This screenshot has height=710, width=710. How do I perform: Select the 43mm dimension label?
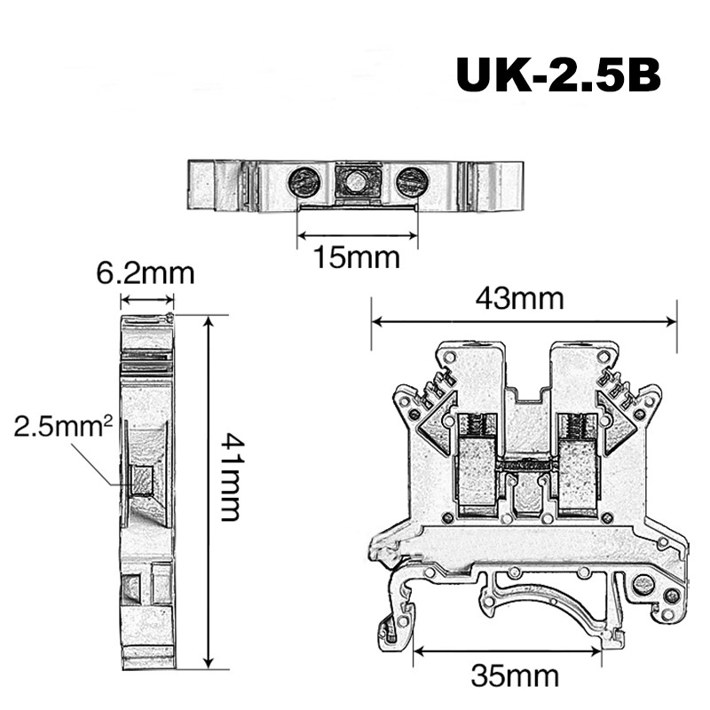pos(524,298)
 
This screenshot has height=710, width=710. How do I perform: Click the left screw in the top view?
pos(304,183)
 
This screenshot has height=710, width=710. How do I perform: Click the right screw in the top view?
pos(410,183)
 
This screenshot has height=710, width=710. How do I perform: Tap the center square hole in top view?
pos(357,183)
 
